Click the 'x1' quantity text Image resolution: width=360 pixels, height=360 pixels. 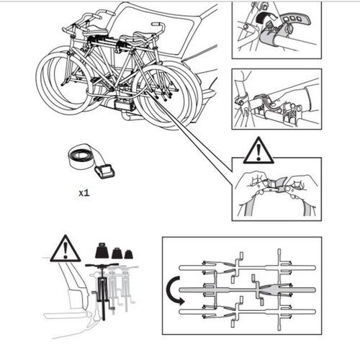85,194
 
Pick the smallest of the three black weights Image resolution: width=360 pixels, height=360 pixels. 129,254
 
